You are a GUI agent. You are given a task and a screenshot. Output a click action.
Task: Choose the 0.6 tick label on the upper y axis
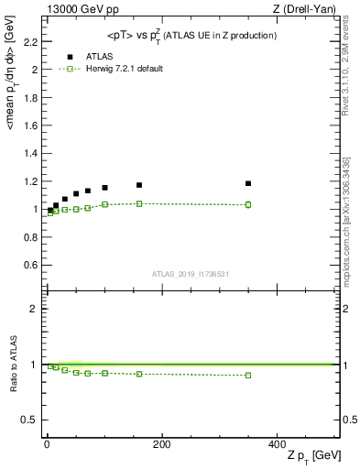(30, 265)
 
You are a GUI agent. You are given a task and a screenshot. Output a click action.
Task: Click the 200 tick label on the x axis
(161, 443)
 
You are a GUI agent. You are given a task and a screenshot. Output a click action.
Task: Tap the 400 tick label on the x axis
(277, 443)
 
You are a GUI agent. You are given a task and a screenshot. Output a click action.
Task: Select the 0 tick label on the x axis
(46, 443)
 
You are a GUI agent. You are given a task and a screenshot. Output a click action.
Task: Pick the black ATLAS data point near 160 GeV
(139, 185)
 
